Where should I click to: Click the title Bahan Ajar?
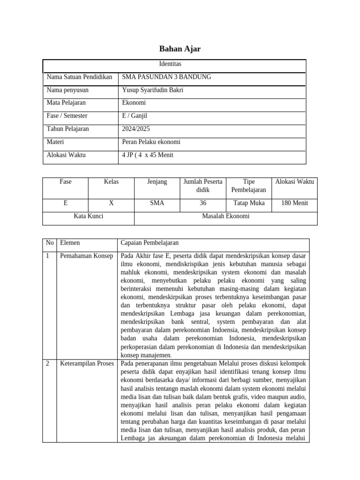click(180, 49)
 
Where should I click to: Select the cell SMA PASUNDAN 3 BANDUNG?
click(166, 77)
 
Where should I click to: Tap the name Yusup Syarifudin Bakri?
click(152, 90)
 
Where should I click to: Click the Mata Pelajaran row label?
click(66, 103)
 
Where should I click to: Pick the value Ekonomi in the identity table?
click(134, 103)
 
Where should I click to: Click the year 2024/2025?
click(136, 129)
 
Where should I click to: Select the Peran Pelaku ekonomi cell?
click(151, 142)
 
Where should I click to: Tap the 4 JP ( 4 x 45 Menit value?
click(148, 155)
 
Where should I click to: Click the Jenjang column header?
click(157, 181)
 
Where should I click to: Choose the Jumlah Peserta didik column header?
click(203, 186)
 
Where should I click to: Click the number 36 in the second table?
click(203, 203)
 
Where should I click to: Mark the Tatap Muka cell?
click(249, 203)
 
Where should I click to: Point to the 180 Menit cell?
click(294, 203)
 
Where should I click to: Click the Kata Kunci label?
click(89, 216)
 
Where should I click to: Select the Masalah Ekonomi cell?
click(225, 216)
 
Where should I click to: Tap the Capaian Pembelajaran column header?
click(150, 243)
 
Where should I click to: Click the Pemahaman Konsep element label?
click(86, 256)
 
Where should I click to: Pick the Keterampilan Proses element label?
click(87, 363)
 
